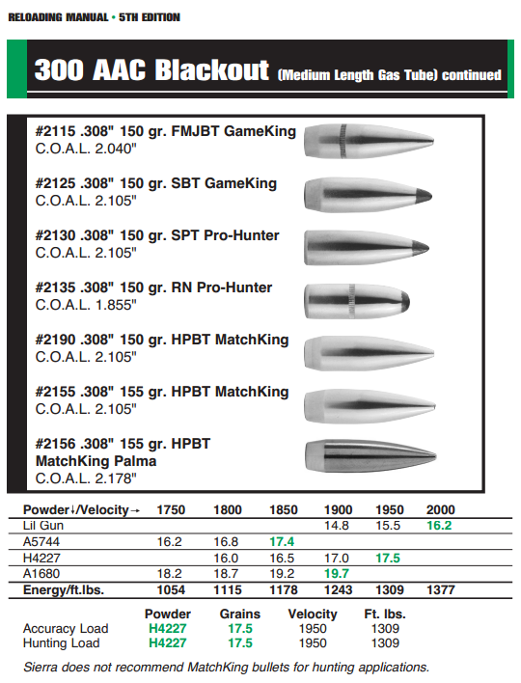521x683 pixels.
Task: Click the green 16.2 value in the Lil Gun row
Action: pyautogui.click(x=439, y=526)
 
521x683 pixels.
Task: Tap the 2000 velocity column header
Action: pyautogui.click(x=439, y=509)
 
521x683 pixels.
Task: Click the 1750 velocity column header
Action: pyautogui.click(x=171, y=509)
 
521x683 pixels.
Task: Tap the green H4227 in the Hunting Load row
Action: pyautogui.click(x=166, y=642)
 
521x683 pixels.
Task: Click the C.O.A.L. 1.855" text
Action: pyautogui.click(x=86, y=305)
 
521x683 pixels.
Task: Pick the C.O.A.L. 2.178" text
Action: pyautogui.click(x=86, y=477)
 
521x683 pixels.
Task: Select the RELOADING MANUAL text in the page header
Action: pyautogui.click(x=53, y=17)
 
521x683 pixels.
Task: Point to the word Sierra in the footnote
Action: pyautogui.click(x=44, y=667)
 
